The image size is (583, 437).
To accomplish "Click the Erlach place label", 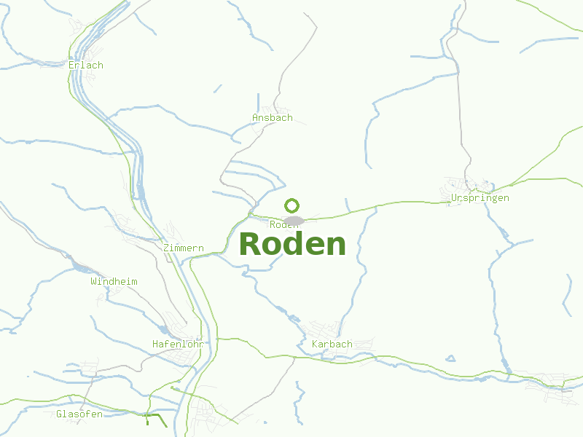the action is [86, 65].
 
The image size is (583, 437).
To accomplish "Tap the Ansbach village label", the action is [273, 117].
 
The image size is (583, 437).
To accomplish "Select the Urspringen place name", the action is [480, 197].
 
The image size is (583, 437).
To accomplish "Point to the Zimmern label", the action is [184, 248].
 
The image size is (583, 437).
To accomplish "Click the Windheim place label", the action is [114, 281].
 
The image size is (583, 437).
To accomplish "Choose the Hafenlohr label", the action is [176, 343].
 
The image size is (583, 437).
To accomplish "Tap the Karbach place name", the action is [332, 344].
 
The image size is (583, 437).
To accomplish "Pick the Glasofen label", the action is [79, 414].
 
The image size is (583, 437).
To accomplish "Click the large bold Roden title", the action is [292, 244].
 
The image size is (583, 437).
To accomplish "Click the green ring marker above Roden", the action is [292, 205].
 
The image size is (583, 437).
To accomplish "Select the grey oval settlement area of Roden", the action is [294, 221].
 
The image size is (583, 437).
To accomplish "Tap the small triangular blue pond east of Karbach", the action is [450, 358].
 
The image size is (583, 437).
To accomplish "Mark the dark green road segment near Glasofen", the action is [154, 419].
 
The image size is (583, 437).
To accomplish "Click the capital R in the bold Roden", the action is [250, 244].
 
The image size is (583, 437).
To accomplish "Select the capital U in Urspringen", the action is [455, 197].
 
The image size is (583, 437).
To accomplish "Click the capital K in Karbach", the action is [315, 344].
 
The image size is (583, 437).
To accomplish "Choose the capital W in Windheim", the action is [93, 281].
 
